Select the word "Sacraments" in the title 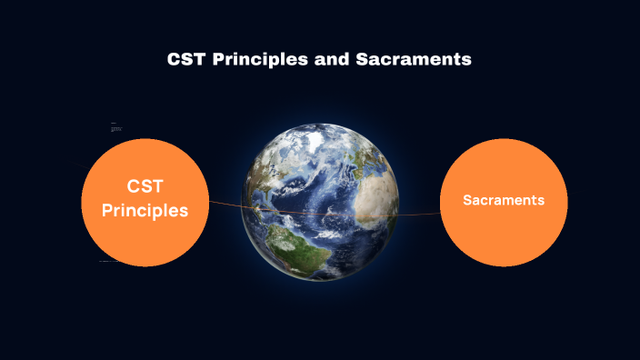click(x=422, y=60)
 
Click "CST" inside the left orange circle click(x=145, y=186)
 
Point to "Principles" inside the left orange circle click(x=145, y=210)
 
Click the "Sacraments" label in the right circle click(x=504, y=200)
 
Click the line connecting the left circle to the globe click(x=227, y=205)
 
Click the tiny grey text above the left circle click(x=115, y=129)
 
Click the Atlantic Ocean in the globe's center click(x=323, y=195)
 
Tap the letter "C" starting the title click(x=174, y=60)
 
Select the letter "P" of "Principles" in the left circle click(x=107, y=210)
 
